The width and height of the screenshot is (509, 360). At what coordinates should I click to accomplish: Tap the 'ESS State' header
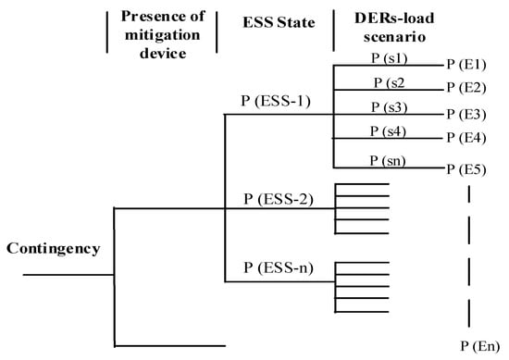pos(275,19)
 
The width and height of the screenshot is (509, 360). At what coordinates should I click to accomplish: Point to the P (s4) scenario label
pos(388,131)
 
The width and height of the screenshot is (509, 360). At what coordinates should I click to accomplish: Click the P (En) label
pos(480,345)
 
